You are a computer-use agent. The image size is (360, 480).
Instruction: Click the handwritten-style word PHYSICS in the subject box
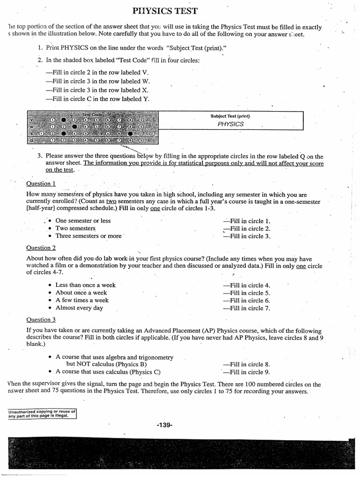click(x=231, y=124)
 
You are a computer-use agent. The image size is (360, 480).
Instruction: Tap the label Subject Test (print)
click(x=230, y=116)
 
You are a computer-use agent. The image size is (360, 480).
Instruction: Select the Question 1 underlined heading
click(x=41, y=183)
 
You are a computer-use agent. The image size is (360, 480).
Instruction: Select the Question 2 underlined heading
click(x=41, y=247)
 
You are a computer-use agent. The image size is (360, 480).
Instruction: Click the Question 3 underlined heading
click(x=41, y=320)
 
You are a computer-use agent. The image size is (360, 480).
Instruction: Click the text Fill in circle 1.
click(x=247, y=221)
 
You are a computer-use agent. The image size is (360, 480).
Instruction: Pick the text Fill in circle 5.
click(x=247, y=293)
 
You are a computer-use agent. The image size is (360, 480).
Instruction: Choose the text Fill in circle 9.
click(x=247, y=372)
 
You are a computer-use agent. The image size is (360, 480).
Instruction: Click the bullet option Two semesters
click(x=75, y=228)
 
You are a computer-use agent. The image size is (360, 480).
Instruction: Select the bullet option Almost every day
click(x=79, y=308)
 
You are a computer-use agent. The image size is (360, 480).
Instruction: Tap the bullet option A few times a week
click(x=82, y=300)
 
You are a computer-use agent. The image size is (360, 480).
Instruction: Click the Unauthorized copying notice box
click(x=42, y=413)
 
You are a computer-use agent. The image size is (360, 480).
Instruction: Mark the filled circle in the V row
click(x=64, y=120)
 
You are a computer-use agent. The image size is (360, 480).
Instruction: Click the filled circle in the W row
click(x=75, y=127)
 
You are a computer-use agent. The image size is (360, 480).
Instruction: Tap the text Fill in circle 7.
click(x=247, y=308)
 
